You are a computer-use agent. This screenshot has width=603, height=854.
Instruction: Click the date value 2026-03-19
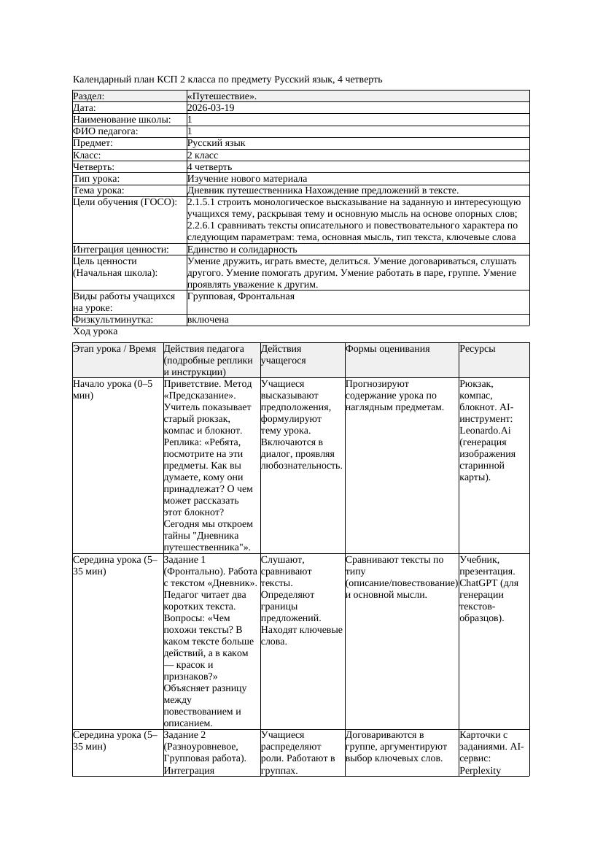[211, 108]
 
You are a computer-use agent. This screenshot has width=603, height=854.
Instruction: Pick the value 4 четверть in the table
[211, 166]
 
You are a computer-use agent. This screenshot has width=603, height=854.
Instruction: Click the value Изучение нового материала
[247, 178]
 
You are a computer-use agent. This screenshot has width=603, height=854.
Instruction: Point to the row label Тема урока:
[99, 190]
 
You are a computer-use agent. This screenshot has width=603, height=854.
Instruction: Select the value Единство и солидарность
[242, 249]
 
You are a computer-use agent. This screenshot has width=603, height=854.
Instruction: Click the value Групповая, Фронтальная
[241, 296]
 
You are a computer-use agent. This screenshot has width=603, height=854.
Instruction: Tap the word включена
[208, 320]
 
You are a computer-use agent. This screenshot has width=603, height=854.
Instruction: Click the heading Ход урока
[96, 331]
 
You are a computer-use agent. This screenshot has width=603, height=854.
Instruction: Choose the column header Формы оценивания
[388, 349]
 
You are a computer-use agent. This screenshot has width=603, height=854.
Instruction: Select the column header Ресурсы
[478, 349]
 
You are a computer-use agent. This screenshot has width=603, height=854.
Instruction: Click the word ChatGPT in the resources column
[479, 583]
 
